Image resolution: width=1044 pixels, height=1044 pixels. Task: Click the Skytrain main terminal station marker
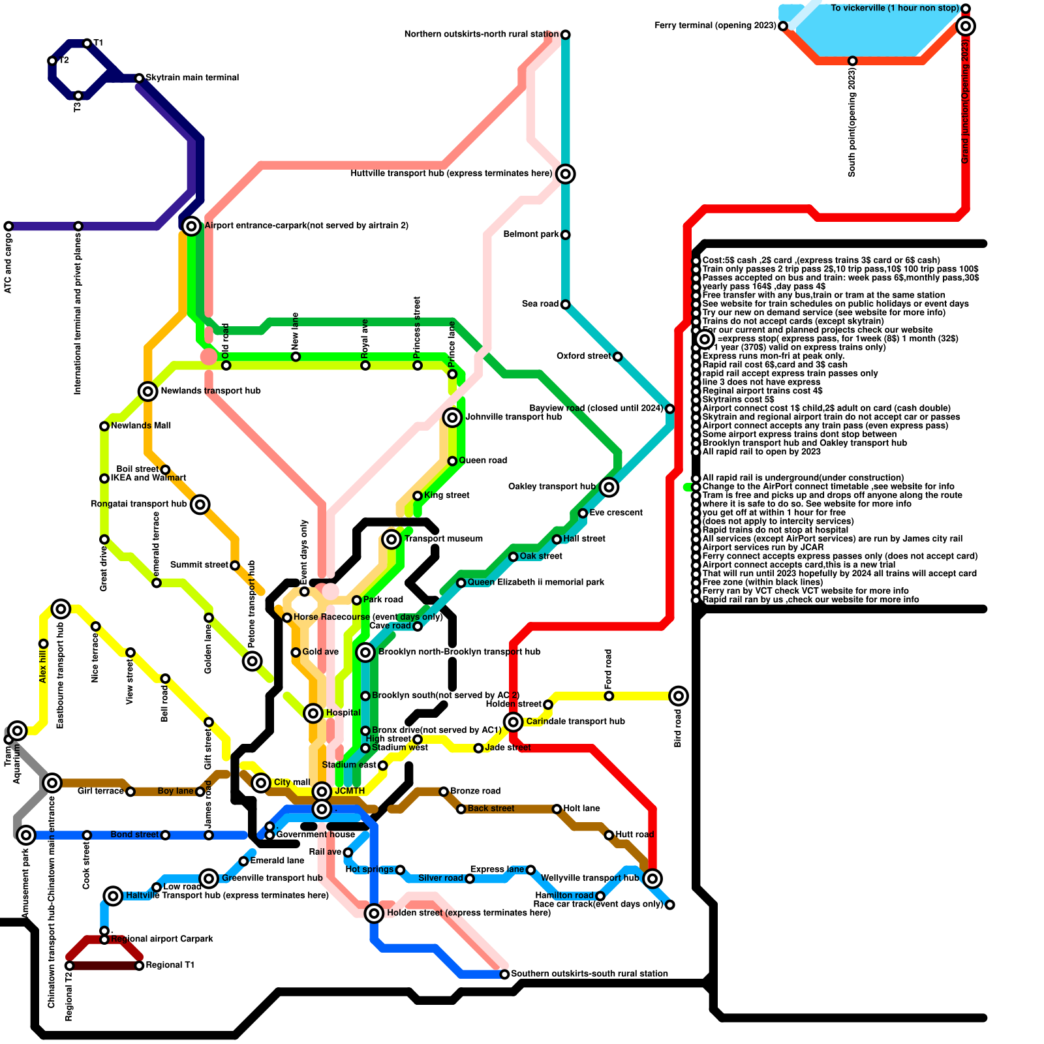[x=139, y=78]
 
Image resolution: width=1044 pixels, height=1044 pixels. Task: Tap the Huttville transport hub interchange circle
[x=566, y=174]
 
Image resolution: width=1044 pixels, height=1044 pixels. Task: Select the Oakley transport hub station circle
[x=609, y=487]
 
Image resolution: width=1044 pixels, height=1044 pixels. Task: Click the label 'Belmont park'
[x=531, y=234]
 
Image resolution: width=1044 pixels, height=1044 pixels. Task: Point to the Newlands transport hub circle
[x=148, y=391]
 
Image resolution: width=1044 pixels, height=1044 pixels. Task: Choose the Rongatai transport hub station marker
[x=200, y=504]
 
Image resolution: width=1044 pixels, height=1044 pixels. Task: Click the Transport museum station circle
[x=391, y=539]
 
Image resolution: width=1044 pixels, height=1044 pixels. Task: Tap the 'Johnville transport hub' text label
[x=513, y=417]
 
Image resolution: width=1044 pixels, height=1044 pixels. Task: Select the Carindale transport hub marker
[x=514, y=722]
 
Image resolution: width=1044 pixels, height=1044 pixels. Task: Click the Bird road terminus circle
[x=679, y=696]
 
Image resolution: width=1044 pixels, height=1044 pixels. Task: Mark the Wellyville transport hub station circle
[x=652, y=878]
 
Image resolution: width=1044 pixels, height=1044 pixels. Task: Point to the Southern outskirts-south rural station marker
[x=504, y=974]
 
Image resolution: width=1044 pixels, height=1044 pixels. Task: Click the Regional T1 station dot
[x=139, y=966]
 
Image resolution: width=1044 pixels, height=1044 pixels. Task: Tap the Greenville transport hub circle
[x=209, y=878]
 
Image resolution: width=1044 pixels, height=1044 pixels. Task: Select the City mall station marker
[x=261, y=782]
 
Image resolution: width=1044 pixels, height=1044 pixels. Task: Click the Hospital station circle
[x=313, y=713]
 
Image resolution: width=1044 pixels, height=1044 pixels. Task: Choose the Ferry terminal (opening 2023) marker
[x=783, y=26]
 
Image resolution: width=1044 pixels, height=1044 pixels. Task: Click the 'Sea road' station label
[x=540, y=304]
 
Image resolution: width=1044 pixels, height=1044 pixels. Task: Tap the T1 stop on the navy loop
[x=87, y=43]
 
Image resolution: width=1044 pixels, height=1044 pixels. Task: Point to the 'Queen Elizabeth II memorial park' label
[x=536, y=582]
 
